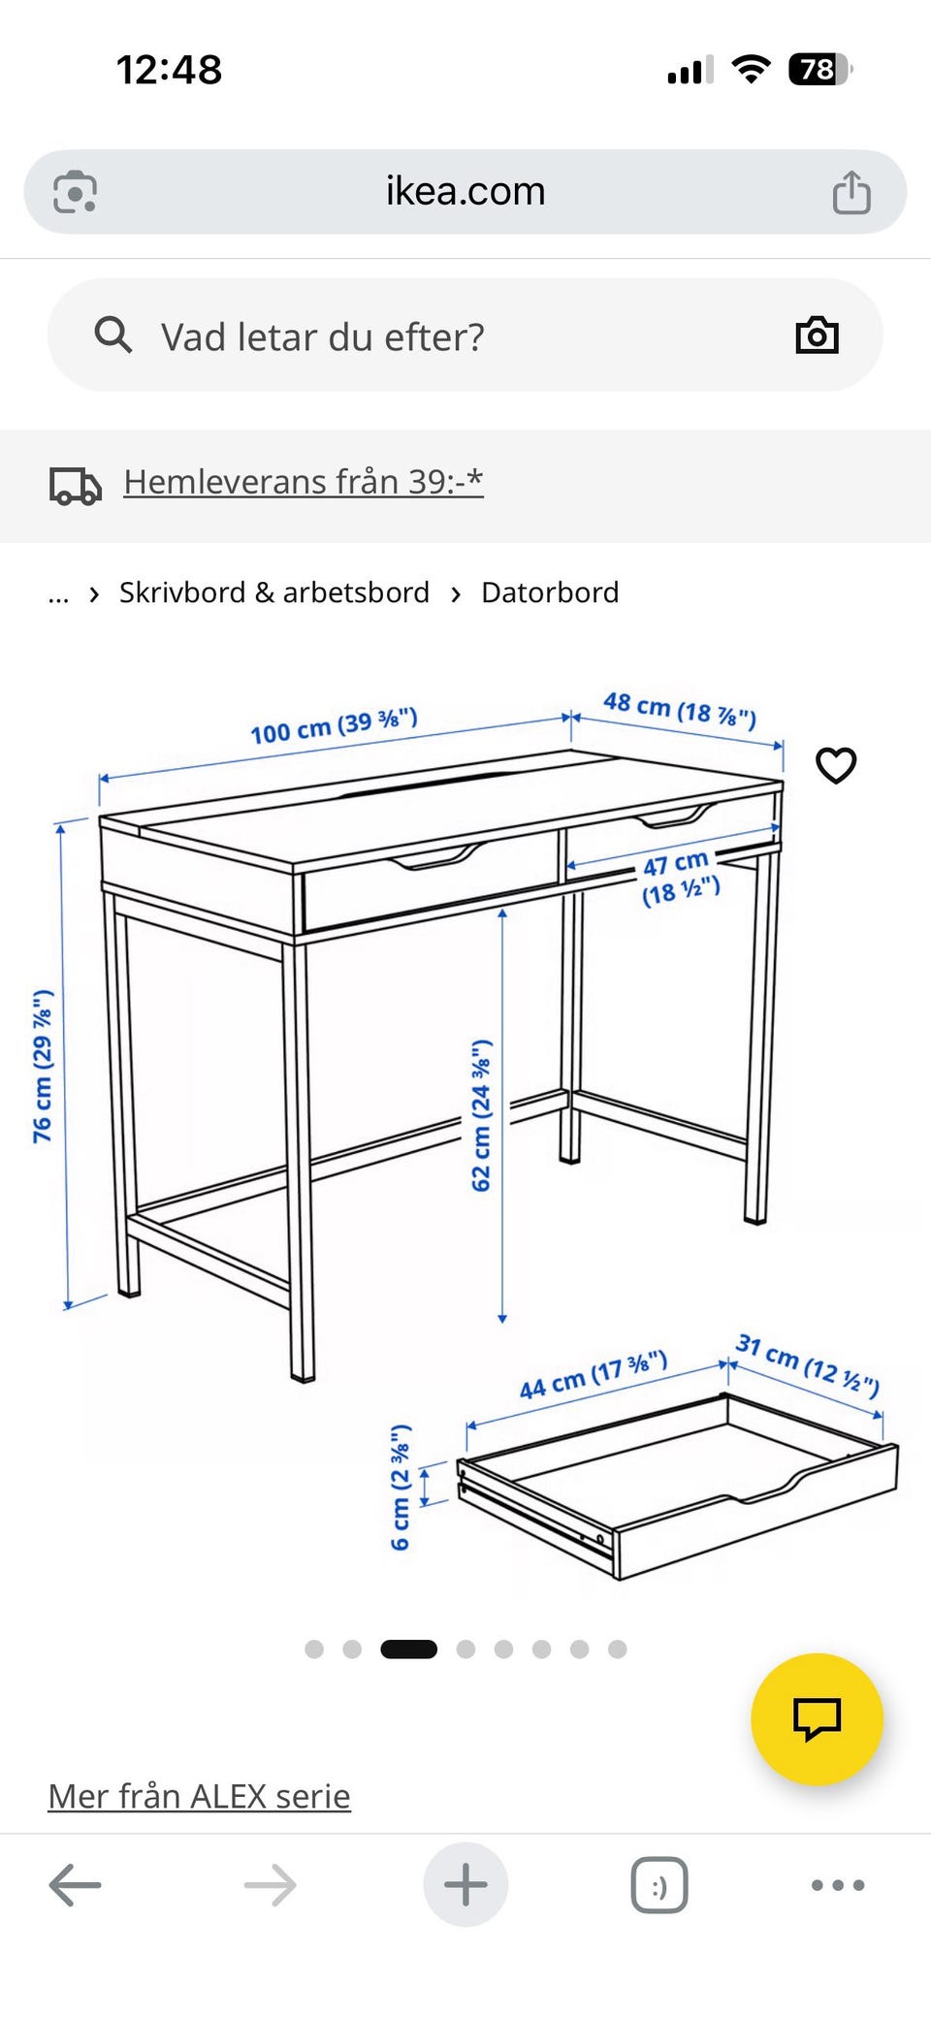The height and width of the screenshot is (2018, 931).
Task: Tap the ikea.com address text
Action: (x=465, y=191)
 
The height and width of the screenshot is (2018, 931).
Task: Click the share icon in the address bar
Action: (x=851, y=191)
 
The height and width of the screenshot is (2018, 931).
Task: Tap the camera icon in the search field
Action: (x=817, y=336)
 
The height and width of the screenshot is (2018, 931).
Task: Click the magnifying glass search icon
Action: (x=112, y=336)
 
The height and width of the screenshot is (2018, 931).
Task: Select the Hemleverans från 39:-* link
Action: (x=304, y=482)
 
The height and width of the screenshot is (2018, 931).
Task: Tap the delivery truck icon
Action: (x=76, y=486)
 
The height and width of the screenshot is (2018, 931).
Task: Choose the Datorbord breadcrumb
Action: (x=550, y=593)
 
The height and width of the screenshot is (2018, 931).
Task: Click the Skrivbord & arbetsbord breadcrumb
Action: (x=274, y=593)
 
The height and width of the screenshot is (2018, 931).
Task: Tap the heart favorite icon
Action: (x=836, y=765)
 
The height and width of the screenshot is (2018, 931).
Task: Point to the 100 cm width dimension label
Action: (x=334, y=725)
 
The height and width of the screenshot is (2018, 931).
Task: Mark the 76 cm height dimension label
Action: (x=43, y=1066)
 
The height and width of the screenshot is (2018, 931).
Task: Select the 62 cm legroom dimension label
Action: (x=481, y=1115)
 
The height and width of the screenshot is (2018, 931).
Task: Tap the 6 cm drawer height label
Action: (x=401, y=1487)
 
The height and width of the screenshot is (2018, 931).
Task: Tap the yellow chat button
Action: (x=817, y=1719)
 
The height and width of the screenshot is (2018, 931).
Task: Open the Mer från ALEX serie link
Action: (x=199, y=1796)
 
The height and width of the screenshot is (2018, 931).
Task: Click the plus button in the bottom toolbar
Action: (x=465, y=1884)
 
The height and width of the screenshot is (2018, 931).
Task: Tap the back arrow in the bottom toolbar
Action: (x=75, y=1885)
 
